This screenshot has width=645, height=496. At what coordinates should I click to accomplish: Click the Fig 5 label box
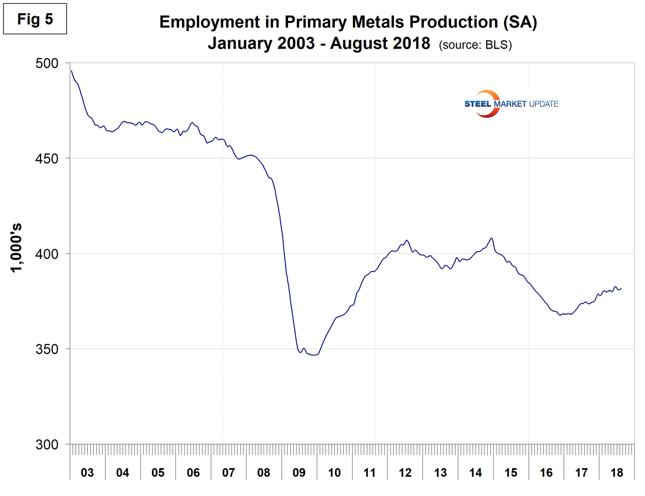35,20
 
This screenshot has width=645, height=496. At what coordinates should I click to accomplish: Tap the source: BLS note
475,45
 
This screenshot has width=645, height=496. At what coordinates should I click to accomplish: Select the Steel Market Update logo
511,104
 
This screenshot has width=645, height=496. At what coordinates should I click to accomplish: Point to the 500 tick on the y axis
47,64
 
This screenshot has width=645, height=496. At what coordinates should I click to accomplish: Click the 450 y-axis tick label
47,159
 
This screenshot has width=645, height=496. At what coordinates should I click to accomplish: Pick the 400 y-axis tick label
47,254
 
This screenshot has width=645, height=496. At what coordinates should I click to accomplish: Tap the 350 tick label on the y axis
47,349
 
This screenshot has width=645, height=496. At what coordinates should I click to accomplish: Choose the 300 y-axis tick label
47,445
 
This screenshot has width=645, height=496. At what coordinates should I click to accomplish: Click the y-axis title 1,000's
17,247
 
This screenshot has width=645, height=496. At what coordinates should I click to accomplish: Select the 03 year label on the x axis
87,472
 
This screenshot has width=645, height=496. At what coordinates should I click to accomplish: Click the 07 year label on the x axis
229,472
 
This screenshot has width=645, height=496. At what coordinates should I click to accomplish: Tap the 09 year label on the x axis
299,472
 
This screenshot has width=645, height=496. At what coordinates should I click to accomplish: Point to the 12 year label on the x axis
405,472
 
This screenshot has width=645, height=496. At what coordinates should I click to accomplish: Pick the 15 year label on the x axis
511,472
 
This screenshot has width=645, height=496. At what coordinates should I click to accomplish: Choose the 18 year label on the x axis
617,472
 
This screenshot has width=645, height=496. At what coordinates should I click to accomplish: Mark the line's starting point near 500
71,71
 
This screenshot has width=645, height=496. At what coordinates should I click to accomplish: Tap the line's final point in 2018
621,288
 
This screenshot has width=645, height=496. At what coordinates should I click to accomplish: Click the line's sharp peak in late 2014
492,238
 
